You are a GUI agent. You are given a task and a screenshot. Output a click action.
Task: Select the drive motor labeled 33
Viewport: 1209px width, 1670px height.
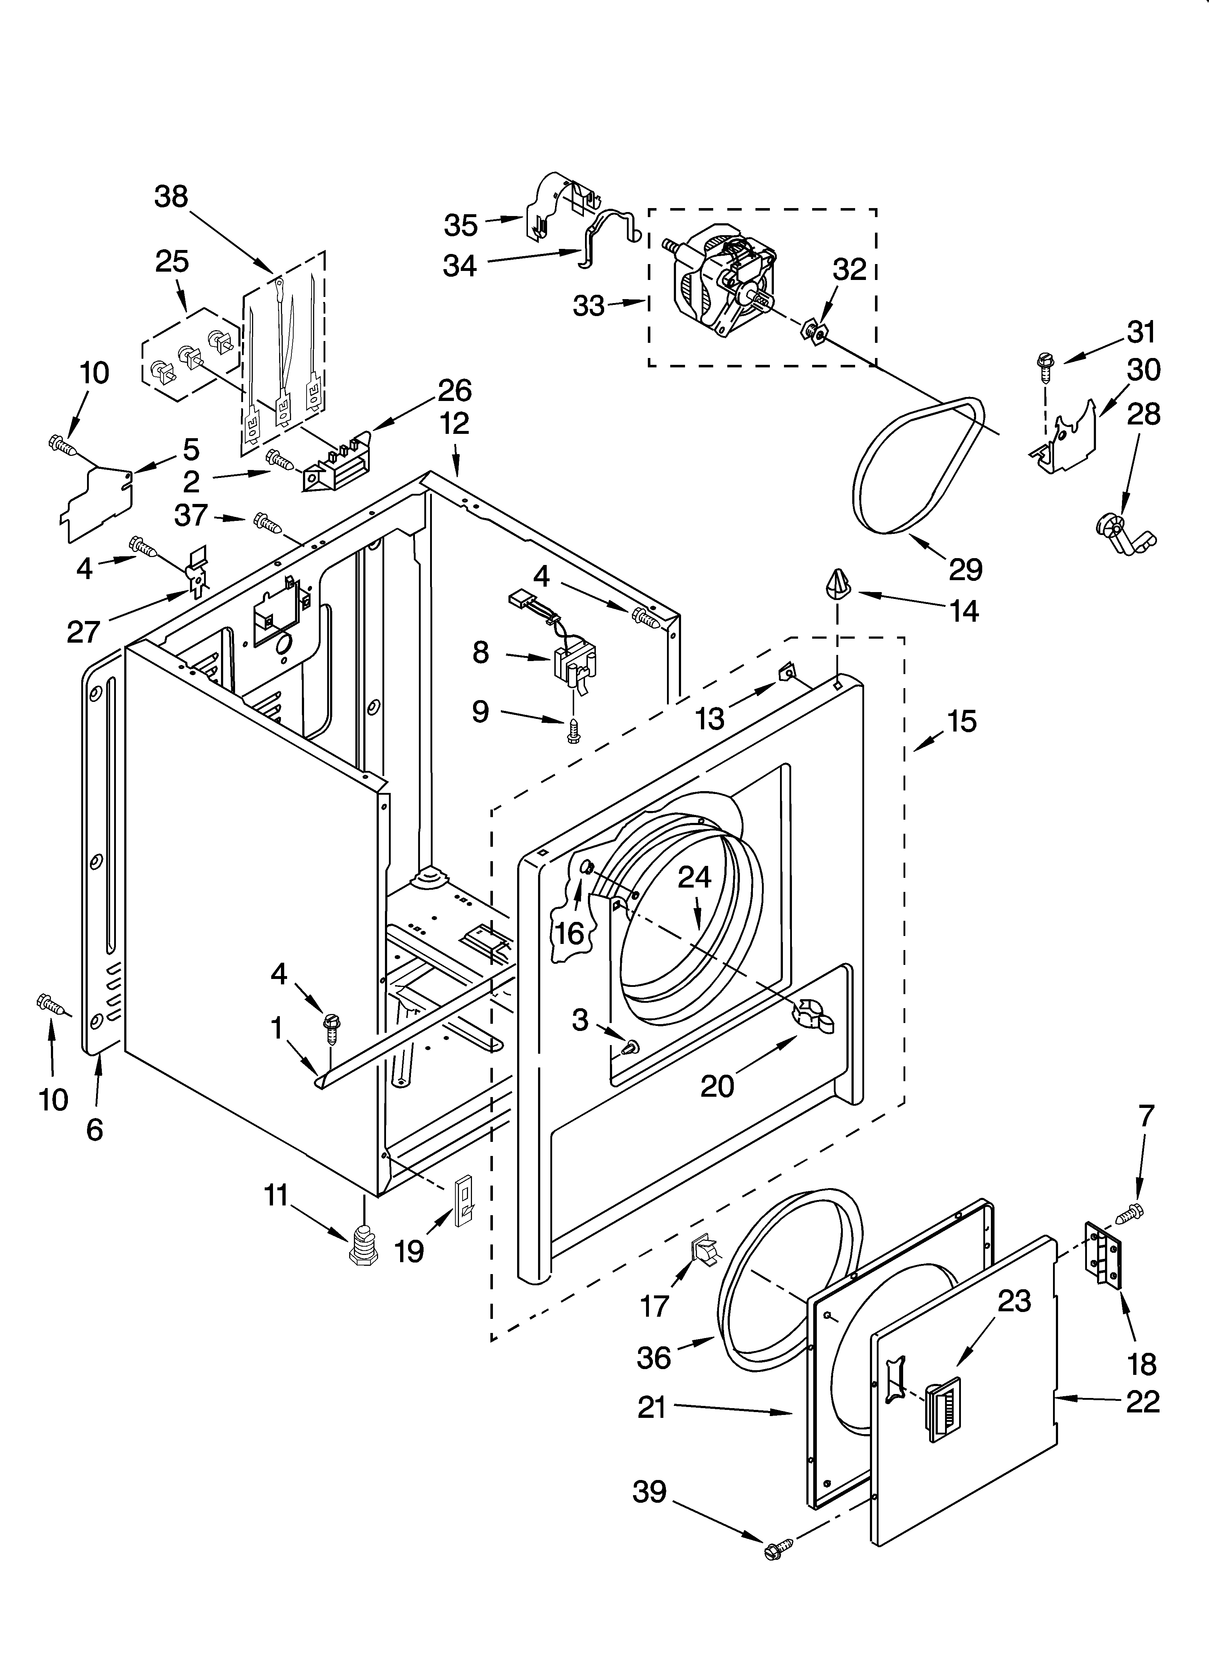coord(721,284)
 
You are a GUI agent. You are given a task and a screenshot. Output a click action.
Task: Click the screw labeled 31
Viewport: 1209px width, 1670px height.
coord(1045,363)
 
